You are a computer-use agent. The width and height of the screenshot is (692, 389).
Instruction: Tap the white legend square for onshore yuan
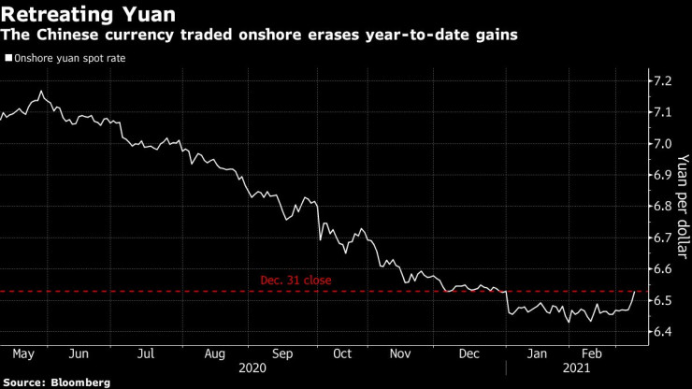point(8,58)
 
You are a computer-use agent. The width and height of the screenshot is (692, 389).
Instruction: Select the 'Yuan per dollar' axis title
point(682,206)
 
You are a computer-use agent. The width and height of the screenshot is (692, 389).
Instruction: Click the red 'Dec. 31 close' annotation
point(296,280)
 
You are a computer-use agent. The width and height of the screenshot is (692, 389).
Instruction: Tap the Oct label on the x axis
point(341,355)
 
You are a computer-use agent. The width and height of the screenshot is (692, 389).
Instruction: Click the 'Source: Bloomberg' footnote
point(55,382)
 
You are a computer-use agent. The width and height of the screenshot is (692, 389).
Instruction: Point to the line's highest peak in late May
point(41,91)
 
